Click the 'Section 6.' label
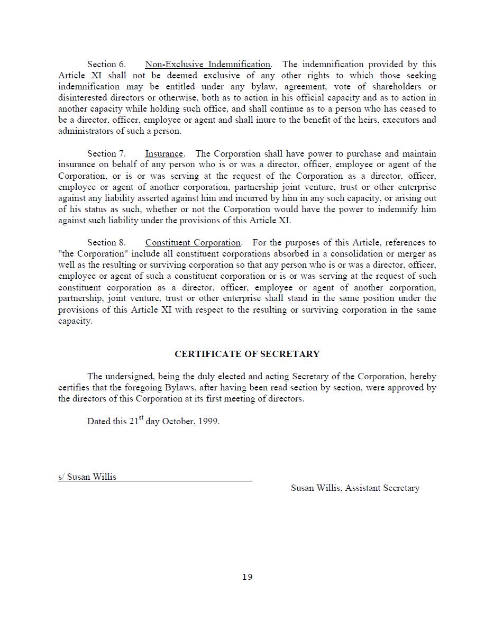(106, 65)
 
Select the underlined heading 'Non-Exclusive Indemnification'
(207, 65)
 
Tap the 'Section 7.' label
(106, 154)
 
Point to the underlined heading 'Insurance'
(164, 154)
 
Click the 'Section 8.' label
(106, 243)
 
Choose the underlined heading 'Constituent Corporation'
(193, 243)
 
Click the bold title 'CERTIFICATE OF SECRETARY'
(247, 354)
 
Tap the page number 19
(247, 577)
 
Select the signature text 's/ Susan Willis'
(87, 477)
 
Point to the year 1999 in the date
(208, 422)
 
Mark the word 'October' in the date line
(178, 422)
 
